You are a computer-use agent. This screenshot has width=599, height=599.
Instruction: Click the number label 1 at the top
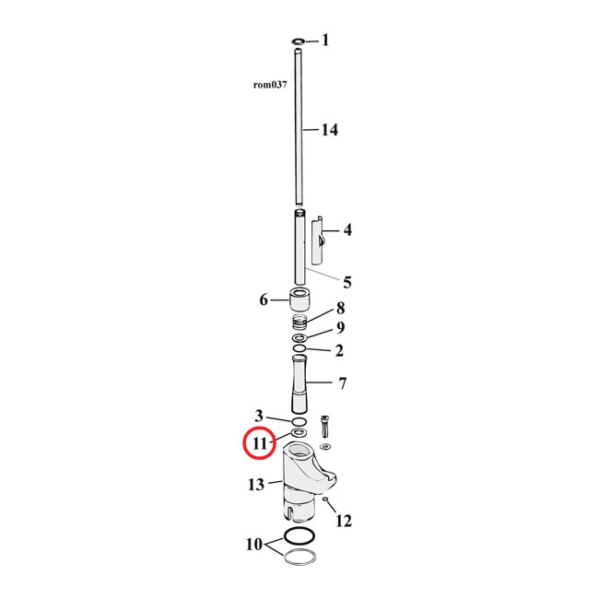[324, 41]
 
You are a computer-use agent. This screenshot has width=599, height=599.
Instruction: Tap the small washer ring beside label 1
[299, 41]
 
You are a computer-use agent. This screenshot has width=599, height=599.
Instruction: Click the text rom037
[270, 84]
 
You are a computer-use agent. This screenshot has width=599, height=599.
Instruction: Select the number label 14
[329, 130]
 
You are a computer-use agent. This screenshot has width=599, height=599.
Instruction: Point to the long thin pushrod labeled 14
[299, 129]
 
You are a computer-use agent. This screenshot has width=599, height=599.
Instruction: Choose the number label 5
[347, 281]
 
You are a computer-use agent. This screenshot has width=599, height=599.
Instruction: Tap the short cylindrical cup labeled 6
[300, 299]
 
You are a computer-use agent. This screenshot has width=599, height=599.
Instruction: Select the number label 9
[340, 328]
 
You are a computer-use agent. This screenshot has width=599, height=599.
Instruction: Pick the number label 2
[339, 350]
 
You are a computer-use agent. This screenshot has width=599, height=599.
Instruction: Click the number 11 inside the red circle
[259, 443]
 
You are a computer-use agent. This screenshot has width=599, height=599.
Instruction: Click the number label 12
[343, 522]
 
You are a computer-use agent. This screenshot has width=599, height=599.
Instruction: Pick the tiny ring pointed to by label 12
[328, 500]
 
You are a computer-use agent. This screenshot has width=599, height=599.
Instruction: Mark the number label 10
[253, 544]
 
